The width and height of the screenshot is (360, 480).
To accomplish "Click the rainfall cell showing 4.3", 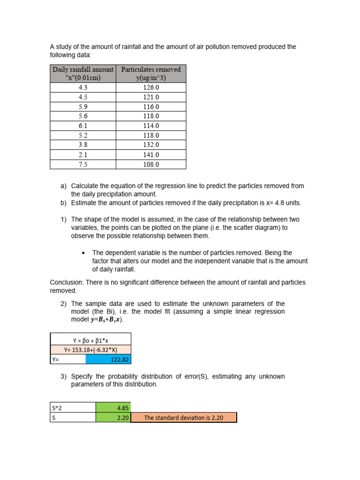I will point(83,88).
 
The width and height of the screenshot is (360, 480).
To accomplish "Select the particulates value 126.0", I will point(151,88).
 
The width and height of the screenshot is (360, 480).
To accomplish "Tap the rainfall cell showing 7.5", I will point(83,165).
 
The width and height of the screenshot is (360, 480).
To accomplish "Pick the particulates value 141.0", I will point(151,155).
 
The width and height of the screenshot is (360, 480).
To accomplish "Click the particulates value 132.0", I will point(151,145).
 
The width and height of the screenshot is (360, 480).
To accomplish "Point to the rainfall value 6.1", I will point(83,126).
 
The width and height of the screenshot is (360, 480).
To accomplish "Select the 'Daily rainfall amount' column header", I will point(83,74).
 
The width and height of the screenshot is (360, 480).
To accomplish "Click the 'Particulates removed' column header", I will point(151,74).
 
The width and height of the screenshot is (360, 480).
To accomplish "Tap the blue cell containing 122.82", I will point(108,359).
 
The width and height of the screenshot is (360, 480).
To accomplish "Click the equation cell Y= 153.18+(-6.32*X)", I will point(90,349).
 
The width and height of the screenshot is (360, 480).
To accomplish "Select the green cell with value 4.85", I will point(113,408).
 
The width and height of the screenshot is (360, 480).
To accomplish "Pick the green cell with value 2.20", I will point(113,418).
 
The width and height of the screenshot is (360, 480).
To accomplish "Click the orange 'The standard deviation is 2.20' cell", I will point(184,418).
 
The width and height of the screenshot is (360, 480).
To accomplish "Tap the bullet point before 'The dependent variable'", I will point(83,253).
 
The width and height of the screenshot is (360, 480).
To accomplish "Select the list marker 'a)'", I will point(63,186).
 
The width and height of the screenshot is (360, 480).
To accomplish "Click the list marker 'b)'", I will point(63,203).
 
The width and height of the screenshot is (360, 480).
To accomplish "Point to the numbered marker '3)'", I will point(63,376).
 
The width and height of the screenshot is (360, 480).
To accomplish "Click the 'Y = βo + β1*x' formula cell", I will point(90,341).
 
